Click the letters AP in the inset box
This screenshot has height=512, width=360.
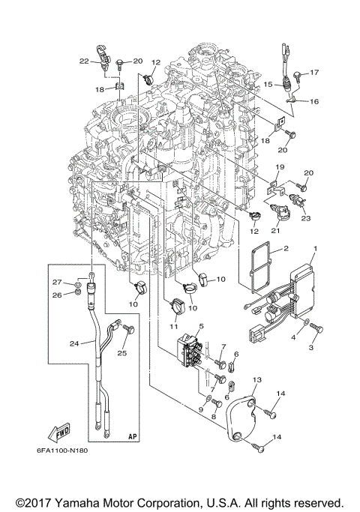133,436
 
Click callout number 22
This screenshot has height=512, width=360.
85,60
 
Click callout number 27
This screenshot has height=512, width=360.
76,281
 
